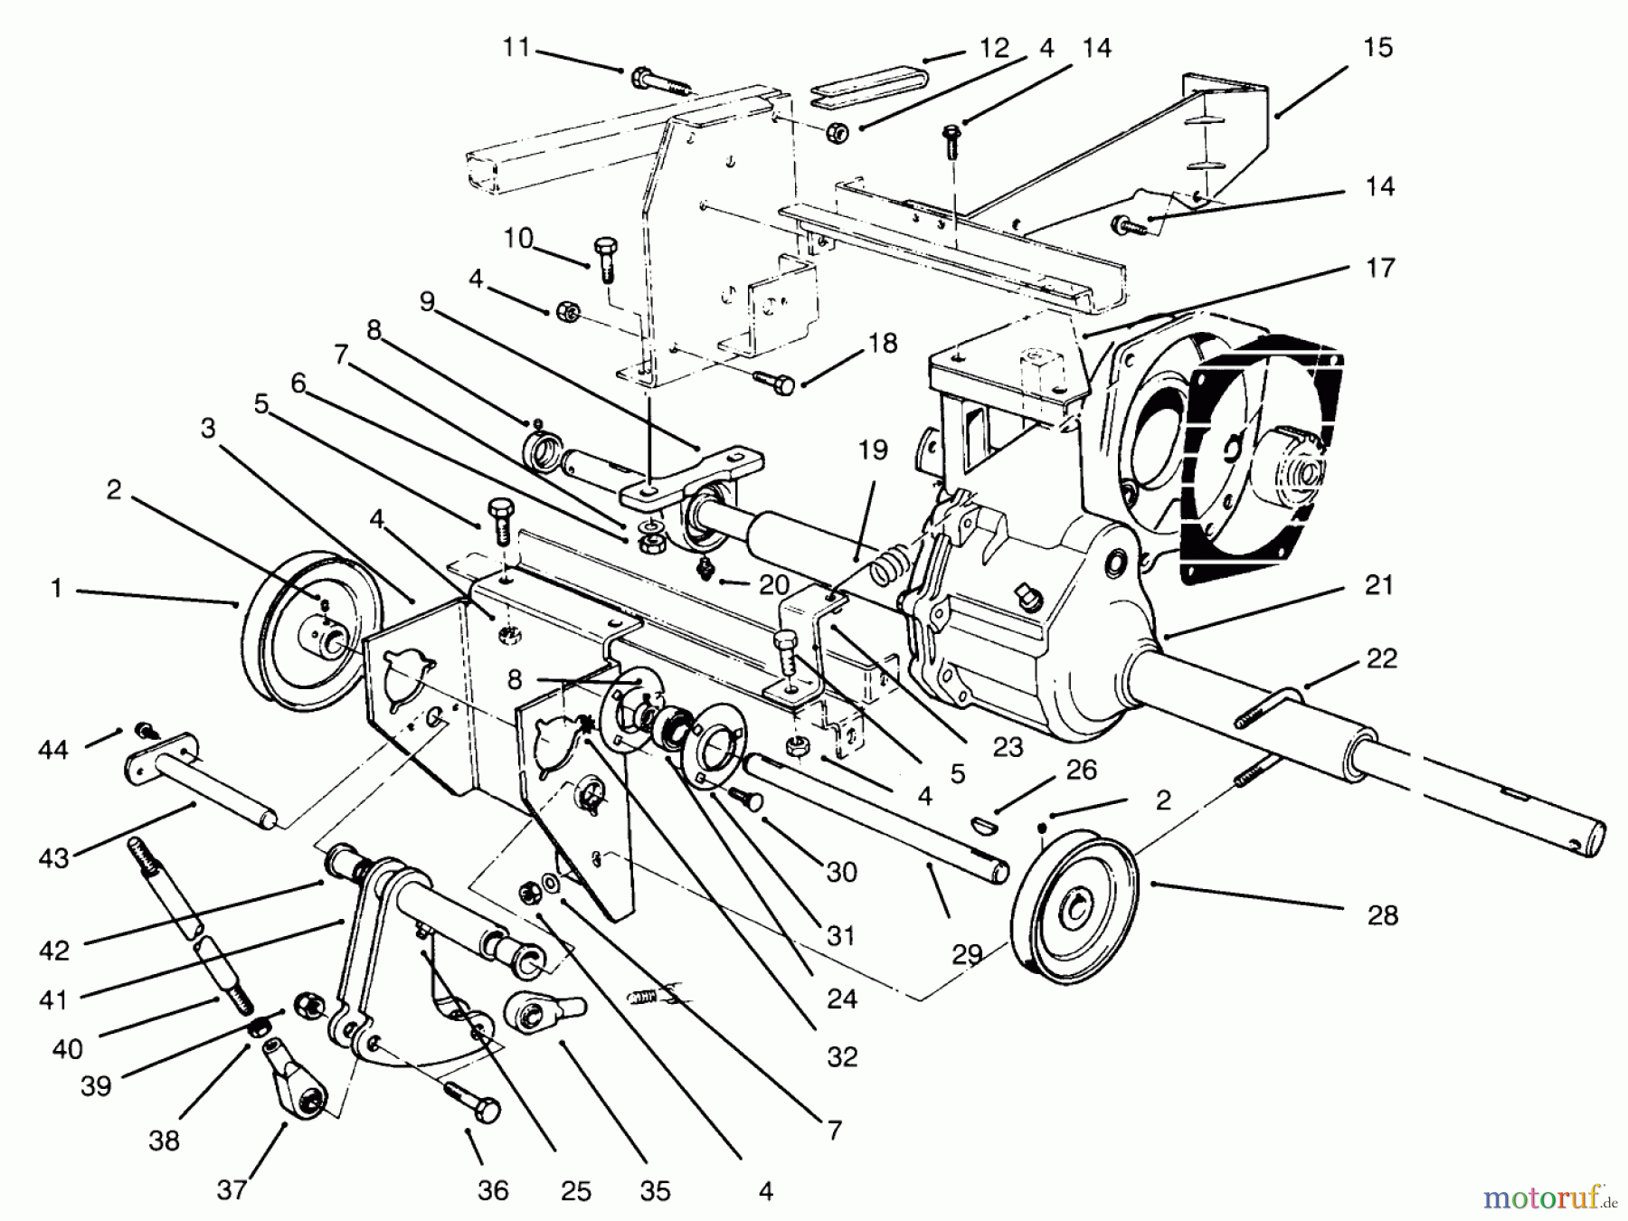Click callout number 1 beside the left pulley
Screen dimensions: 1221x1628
(x=56, y=589)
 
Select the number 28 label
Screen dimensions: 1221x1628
(x=1382, y=914)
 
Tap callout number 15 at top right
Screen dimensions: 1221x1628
(x=1377, y=47)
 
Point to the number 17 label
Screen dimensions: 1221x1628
(x=1380, y=268)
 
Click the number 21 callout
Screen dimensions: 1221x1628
(x=1378, y=585)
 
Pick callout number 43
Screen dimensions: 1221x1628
(x=54, y=857)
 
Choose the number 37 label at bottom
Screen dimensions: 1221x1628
(x=232, y=1189)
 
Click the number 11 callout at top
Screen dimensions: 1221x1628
(x=516, y=46)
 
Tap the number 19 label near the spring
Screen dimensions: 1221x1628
(x=873, y=450)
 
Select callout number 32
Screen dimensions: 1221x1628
(x=841, y=1055)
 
